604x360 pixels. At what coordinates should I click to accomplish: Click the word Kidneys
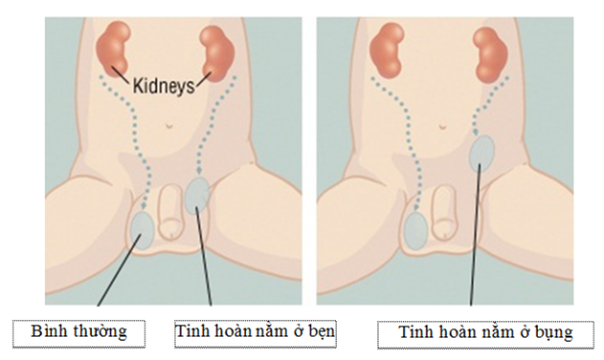click(164, 85)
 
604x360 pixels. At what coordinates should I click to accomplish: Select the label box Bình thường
click(79, 334)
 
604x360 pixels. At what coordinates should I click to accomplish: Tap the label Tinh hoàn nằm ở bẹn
click(255, 334)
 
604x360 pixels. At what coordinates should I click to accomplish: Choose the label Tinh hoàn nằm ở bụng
click(486, 335)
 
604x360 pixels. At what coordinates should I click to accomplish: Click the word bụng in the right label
click(553, 333)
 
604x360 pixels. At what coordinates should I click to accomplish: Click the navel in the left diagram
click(169, 126)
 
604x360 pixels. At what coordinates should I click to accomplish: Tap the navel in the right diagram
click(442, 127)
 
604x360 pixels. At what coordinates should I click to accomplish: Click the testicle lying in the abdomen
click(482, 153)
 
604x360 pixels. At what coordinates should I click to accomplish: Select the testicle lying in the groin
click(197, 196)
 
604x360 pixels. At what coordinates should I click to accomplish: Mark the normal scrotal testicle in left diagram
click(142, 231)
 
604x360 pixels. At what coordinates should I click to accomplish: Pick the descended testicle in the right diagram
click(416, 231)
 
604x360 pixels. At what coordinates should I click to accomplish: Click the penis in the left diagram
click(170, 211)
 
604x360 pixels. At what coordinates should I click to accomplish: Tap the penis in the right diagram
click(443, 212)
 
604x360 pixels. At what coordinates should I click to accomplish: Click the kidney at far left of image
click(113, 50)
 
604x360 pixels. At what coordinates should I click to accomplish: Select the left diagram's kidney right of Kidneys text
click(218, 53)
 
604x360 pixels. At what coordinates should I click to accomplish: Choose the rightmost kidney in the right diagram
click(491, 55)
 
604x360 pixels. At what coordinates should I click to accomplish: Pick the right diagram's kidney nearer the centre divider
click(386, 50)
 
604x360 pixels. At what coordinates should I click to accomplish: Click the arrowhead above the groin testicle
click(199, 171)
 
